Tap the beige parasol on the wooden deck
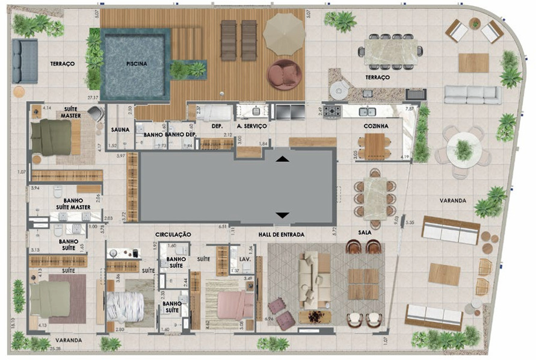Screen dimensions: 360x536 coord(285,34)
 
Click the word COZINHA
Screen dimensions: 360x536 coord(375,126)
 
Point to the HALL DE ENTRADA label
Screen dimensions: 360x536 coord(282,234)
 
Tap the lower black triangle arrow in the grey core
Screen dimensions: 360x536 coord(282,215)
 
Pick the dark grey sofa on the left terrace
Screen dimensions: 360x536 coord(25,61)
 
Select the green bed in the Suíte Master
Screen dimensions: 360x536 coord(52,137)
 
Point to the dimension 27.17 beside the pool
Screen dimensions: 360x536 coord(92,97)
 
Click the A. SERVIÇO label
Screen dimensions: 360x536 coord(252,126)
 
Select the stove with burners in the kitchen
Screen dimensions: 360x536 coord(333,111)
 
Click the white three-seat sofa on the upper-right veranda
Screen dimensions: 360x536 coord(472,95)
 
